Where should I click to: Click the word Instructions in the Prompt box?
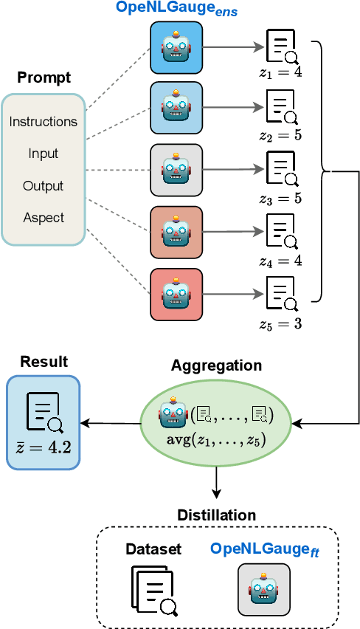[x=43, y=121]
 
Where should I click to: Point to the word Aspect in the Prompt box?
[x=43, y=218]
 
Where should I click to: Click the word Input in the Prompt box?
[x=43, y=154]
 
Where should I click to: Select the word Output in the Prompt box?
[x=43, y=186]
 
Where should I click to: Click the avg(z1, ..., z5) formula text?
[x=216, y=441]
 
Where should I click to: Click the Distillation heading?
[x=216, y=515]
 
